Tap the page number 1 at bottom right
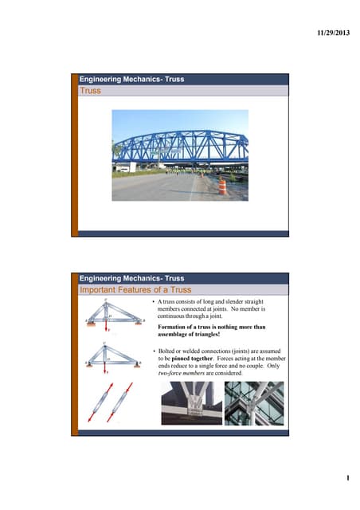click(347, 480)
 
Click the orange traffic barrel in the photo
click(222, 186)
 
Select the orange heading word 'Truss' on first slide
click(90, 91)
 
